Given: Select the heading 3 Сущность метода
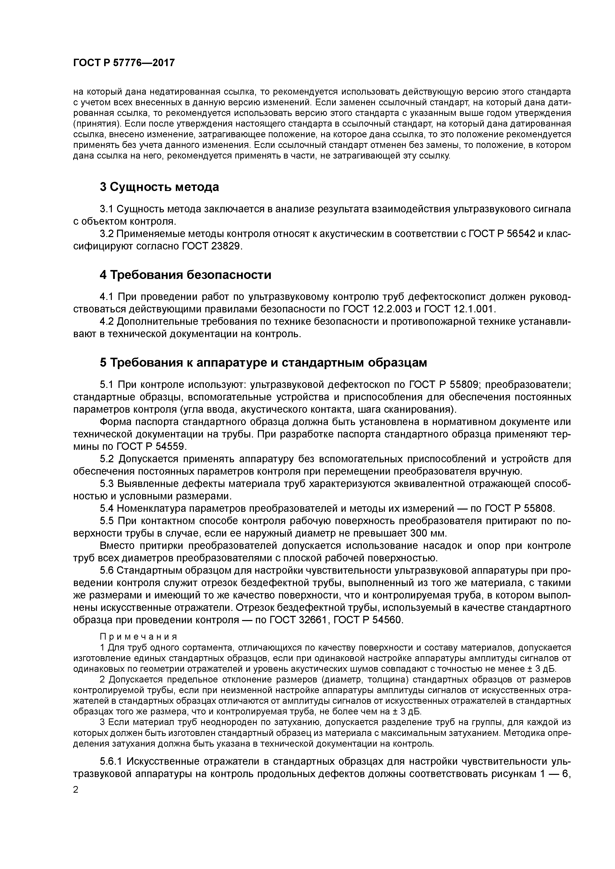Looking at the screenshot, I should click(159, 187).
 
